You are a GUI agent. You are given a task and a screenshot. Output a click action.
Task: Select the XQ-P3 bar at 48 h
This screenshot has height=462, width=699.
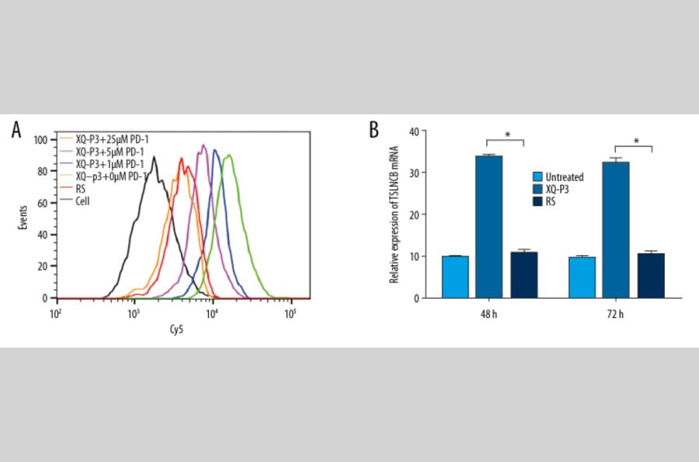(x=489, y=226)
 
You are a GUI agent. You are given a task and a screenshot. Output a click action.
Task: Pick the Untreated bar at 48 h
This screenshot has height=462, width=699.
(x=455, y=277)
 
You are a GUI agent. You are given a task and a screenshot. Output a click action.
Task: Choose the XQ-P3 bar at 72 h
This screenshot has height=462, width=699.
(x=616, y=229)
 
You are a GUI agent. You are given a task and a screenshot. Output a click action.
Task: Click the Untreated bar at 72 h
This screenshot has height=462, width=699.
(x=582, y=278)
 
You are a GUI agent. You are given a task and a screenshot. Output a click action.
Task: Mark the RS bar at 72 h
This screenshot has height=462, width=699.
(x=650, y=276)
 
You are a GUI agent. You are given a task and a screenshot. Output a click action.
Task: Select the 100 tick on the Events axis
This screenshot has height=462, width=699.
(x=40, y=140)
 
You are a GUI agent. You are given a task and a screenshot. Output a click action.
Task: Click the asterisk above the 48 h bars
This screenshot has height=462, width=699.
(x=506, y=135)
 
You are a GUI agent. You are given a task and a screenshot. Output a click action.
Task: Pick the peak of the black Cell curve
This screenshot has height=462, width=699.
(x=155, y=158)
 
